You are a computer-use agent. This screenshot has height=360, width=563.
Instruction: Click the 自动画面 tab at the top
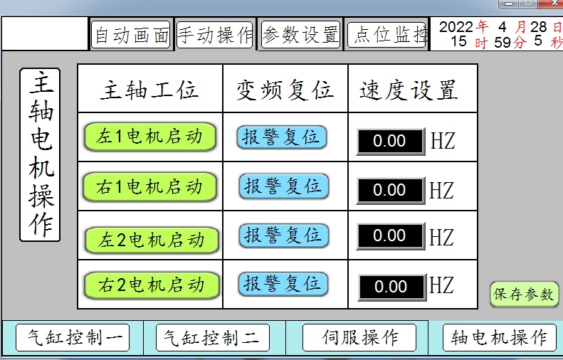coord(131,35)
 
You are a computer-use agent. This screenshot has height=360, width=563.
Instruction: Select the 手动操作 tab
coord(215,35)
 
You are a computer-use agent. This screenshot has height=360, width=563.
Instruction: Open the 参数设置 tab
coord(300,35)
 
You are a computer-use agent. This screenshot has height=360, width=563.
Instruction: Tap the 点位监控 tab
coord(387,35)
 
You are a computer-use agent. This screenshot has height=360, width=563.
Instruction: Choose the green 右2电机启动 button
coord(152,286)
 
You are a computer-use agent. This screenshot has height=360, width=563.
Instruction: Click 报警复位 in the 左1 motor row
coord(282,137)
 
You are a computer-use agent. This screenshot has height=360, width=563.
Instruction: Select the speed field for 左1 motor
coord(389,141)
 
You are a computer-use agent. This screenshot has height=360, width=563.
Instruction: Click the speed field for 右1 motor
coord(389,190)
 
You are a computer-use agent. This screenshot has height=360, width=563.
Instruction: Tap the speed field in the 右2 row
coord(391,287)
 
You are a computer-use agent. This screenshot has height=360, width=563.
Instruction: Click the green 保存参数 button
coord(524,295)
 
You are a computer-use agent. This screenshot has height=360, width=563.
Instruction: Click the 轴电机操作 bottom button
coord(499,337)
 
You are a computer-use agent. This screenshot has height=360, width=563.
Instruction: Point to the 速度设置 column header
coord(409,90)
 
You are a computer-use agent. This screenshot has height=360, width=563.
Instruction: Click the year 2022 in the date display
coord(456,27)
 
